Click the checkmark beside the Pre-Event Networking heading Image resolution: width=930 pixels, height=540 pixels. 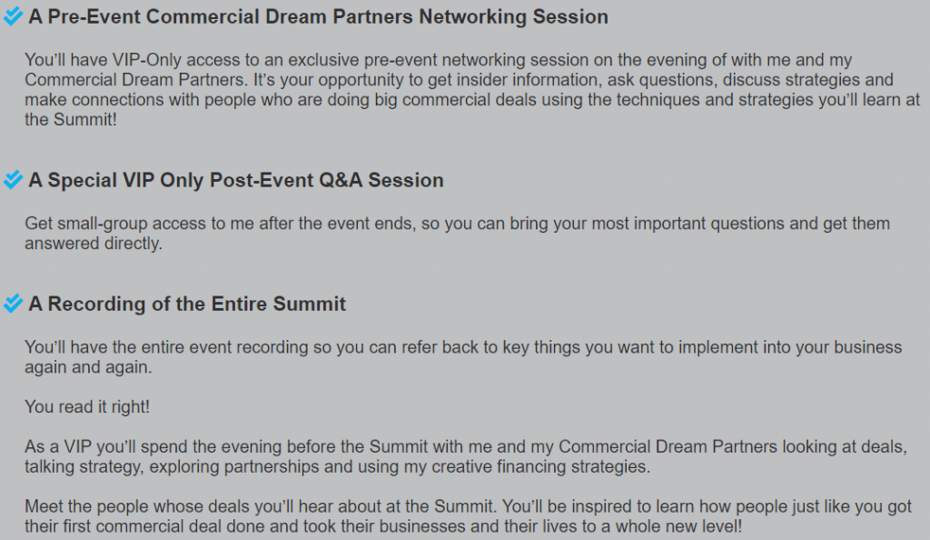click(x=13, y=16)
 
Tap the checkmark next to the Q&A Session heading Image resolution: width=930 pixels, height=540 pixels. click(x=13, y=179)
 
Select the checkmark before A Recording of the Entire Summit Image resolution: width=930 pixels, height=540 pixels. click(x=13, y=304)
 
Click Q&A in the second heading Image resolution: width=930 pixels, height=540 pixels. click(x=341, y=180)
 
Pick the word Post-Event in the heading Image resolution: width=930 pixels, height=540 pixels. click(x=262, y=180)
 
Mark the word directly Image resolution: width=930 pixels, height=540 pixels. click(x=133, y=244)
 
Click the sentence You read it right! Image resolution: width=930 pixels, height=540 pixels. click(x=87, y=406)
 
